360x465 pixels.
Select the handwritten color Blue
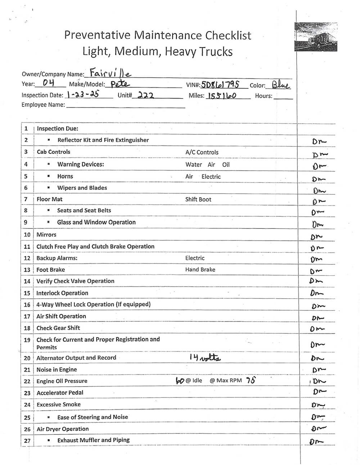(x=280, y=85)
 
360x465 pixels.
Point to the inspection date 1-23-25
(x=83, y=95)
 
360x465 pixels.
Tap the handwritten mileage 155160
(x=221, y=96)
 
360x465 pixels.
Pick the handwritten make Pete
(x=120, y=84)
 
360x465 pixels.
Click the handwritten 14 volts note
(x=204, y=357)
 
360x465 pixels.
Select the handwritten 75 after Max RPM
(x=251, y=380)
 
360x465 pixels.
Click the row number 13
(x=27, y=270)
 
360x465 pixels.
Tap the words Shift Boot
(x=198, y=199)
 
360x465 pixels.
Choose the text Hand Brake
(x=200, y=270)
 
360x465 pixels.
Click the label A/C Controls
(x=202, y=152)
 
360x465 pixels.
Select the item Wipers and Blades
(x=82, y=188)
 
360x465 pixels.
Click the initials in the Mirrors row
(x=316, y=237)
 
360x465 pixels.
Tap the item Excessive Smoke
(x=58, y=405)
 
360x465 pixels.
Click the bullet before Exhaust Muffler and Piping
(x=48, y=440)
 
